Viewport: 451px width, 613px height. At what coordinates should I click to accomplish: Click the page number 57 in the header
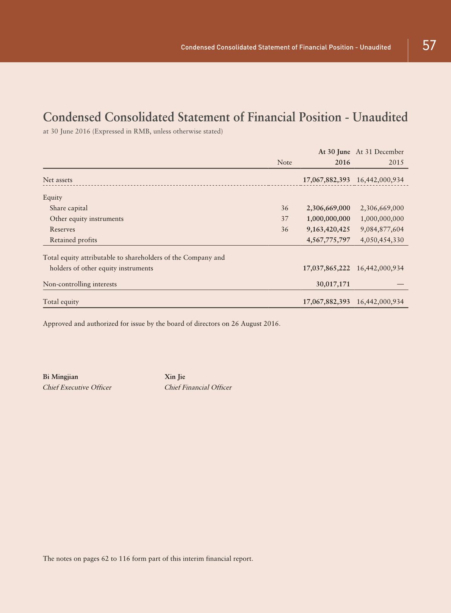click(429, 46)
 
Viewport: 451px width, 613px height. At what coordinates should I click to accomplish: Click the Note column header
click(284, 162)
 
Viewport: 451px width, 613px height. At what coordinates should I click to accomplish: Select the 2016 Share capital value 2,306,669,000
click(328, 208)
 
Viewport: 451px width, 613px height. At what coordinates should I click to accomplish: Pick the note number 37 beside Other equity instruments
click(285, 219)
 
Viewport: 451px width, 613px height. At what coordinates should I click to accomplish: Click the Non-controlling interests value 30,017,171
click(333, 284)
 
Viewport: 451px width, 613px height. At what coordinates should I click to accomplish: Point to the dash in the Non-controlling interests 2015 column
click(400, 284)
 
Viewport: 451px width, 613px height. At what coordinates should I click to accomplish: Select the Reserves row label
click(62, 229)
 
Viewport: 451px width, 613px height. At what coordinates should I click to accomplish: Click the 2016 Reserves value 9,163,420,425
click(328, 229)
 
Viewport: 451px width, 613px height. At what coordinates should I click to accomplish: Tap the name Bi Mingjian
click(60, 377)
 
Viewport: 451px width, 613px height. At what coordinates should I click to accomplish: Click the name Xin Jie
click(175, 377)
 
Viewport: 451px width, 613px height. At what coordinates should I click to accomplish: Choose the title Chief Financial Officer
click(198, 387)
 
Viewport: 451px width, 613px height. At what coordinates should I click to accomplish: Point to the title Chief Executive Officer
click(77, 387)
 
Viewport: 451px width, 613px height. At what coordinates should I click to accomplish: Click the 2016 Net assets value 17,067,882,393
click(326, 180)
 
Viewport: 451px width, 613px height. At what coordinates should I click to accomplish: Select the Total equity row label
click(61, 302)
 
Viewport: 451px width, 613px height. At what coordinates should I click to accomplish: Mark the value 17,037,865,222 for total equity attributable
click(326, 268)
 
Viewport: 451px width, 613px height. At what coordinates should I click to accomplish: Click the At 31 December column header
click(380, 152)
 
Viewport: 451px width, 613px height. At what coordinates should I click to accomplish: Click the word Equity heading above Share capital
click(52, 197)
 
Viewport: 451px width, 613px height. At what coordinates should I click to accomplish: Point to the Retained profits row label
click(73, 240)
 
